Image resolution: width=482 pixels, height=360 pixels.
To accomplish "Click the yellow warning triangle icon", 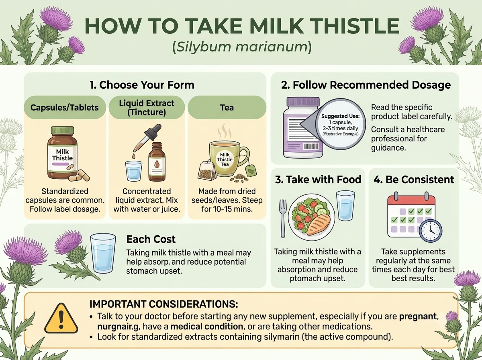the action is tap(61, 319).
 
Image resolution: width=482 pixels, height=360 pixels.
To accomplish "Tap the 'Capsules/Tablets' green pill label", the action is tap(65, 107).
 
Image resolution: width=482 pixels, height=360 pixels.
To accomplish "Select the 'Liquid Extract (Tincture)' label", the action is tap(147, 107).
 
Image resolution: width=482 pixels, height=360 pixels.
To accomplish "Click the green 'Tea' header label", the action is tap(227, 107).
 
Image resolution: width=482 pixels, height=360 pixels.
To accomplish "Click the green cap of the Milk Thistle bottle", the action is tap(62, 131).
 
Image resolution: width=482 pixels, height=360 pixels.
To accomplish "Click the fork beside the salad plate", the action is tap(283, 219).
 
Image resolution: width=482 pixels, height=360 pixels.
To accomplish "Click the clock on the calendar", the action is tap(431, 231).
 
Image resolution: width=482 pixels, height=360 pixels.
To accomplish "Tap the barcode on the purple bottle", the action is tap(311, 147).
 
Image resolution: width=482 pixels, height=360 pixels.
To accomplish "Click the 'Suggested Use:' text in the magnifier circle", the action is tap(340, 116).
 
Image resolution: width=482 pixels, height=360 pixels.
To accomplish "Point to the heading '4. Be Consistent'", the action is tap(414, 180).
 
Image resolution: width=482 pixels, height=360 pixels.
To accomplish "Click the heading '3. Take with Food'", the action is tap(318, 180).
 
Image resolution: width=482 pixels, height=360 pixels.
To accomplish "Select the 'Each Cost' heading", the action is tap(151, 239).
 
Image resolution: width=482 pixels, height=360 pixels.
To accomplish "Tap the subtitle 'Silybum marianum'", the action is tap(242, 47).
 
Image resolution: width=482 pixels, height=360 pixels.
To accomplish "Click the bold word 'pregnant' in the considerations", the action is tap(418, 316).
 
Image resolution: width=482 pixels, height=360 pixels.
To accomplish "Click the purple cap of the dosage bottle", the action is tap(303, 102).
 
